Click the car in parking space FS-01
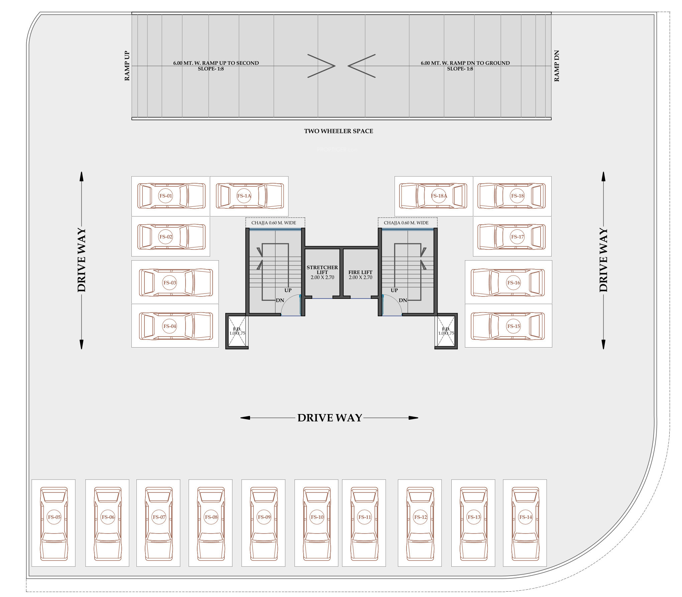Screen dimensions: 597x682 [171, 196]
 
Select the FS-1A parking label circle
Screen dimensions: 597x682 [244, 196]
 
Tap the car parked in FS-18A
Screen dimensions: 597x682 [433, 196]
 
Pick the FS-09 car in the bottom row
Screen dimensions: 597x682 [264, 523]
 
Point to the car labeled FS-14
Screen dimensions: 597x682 [525, 523]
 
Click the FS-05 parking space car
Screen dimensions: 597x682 [54, 523]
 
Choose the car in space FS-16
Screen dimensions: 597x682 [508, 282]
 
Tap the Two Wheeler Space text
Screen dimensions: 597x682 [338, 131]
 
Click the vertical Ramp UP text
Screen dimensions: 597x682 [127, 66]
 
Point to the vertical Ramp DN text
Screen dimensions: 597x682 [557, 66]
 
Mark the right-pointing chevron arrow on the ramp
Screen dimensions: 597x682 [321, 66]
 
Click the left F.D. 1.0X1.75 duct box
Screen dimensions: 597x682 [237, 331]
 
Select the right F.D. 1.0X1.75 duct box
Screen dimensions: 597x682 [446, 331]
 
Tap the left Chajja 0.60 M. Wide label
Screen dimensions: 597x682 [273, 223]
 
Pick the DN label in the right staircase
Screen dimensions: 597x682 [403, 300]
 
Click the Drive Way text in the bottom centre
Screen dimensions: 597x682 [330, 418]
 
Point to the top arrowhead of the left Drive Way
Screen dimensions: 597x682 [81, 176]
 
